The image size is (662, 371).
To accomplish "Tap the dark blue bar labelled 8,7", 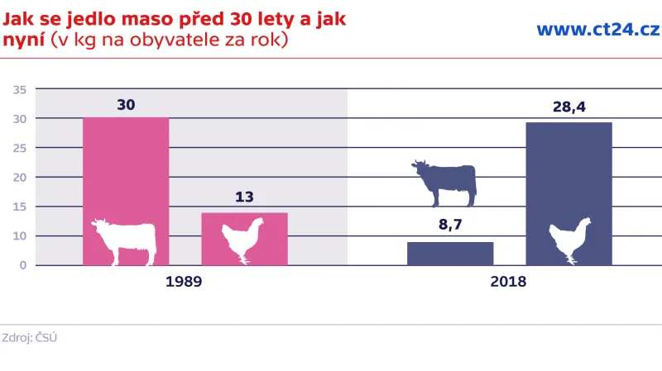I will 450,254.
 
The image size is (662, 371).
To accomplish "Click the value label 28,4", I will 568,107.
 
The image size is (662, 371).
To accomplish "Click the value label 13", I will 244,197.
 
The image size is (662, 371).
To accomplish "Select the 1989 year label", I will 184,282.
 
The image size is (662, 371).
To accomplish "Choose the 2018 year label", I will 508,282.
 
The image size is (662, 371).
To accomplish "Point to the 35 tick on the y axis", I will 21,89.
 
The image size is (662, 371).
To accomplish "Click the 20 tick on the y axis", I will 21,178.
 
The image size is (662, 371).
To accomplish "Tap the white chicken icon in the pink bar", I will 242,240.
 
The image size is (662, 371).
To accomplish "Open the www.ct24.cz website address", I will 597,30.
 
